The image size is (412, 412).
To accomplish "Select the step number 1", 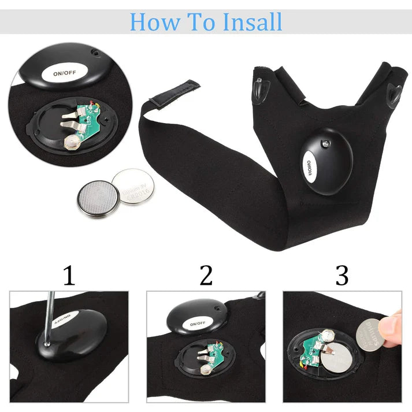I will coord(69,275).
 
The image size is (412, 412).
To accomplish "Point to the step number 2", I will coord(206,275).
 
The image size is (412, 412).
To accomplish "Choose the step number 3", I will coord(342,275).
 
